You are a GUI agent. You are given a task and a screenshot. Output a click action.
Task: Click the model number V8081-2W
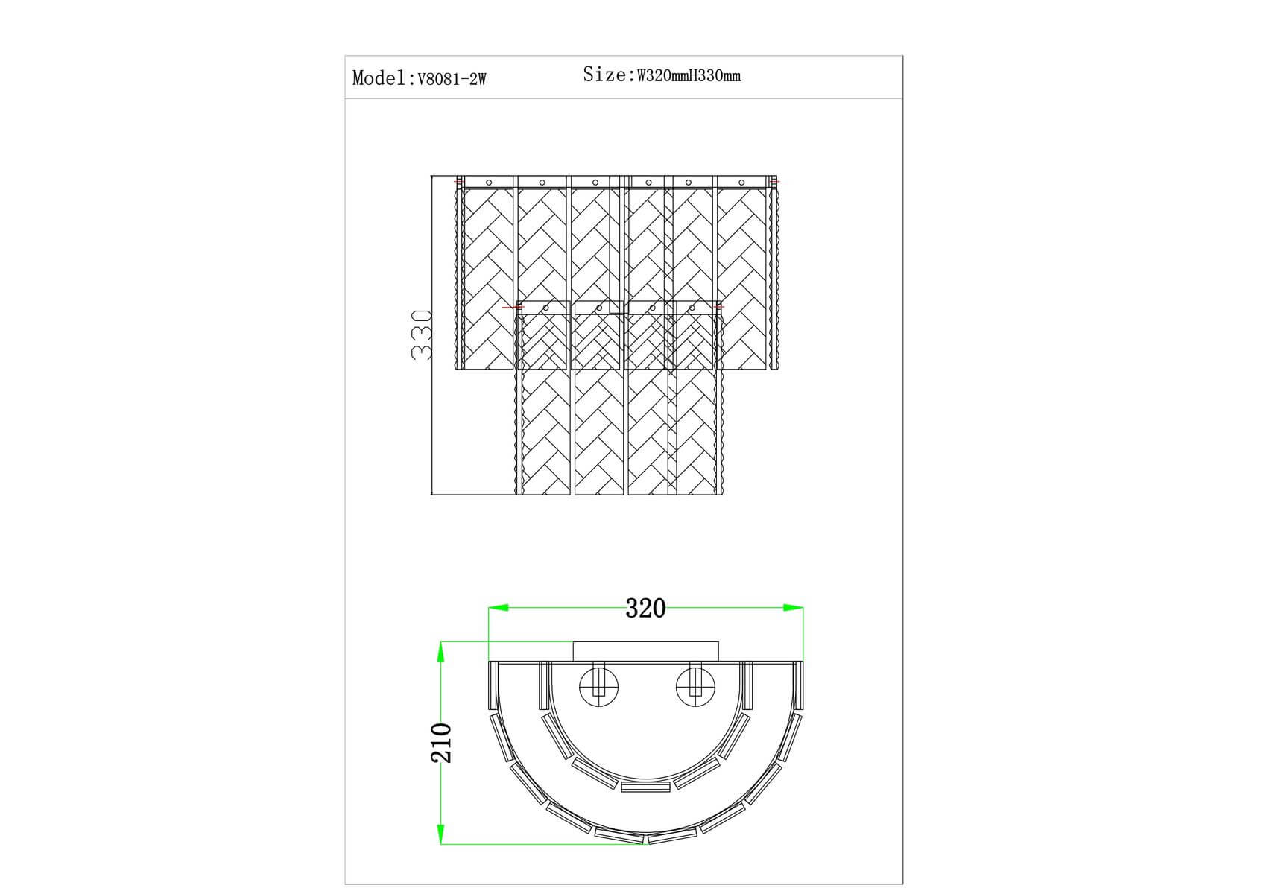tap(452, 79)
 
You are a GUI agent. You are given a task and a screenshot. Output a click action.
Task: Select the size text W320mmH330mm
tap(689, 75)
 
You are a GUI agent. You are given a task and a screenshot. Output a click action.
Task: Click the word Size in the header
tap(604, 74)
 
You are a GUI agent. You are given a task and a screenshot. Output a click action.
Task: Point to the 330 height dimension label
tap(422, 335)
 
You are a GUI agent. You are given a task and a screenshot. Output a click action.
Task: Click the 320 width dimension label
tap(645, 609)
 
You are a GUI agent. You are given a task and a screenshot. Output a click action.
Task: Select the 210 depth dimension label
tap(441, 743)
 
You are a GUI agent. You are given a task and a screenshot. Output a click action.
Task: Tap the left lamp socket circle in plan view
tap(599, 685)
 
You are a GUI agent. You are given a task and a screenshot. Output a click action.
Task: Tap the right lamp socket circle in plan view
tap(695, 685)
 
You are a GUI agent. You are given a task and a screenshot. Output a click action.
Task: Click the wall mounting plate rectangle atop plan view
tap(645, 651)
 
